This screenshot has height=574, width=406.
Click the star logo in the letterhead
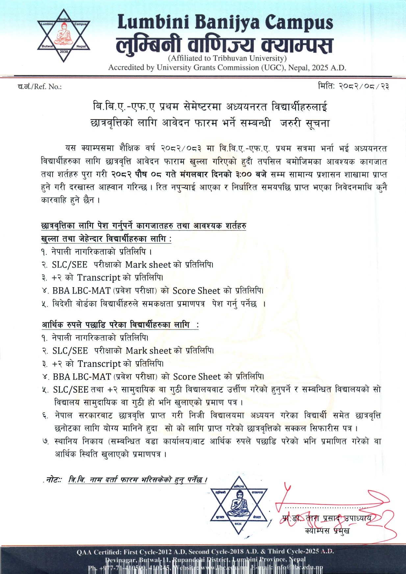(64, 36)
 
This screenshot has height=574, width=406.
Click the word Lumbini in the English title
(153, 23)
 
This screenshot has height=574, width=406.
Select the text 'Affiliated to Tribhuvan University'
(227, 58)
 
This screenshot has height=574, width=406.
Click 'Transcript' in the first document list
(99, 278)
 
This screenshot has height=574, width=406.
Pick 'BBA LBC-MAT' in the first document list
(81, 291)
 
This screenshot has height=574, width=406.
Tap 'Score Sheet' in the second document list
(197, 377)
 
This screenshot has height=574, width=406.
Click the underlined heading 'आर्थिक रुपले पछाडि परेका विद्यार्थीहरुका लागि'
(116, 325)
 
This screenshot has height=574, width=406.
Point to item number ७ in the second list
(45, 441)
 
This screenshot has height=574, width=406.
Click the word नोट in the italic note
(53, 480)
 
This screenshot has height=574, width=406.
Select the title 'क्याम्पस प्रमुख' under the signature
(327, 530)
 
